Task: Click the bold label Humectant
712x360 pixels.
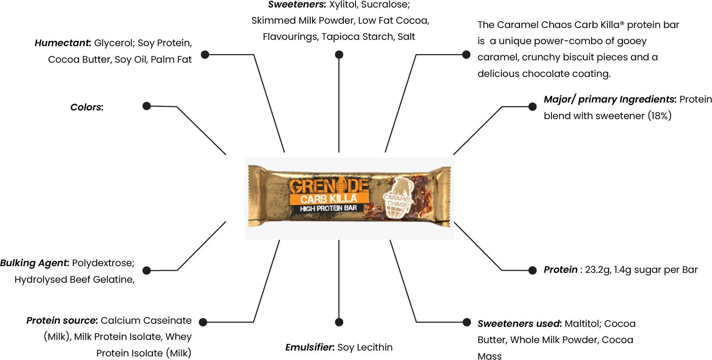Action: (x=62, y=43)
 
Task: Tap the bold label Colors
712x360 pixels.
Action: (x=86, y=107)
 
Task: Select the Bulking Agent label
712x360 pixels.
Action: (x=34, y=263)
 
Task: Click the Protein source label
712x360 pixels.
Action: (x=62, y=321)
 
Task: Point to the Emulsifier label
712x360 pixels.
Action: (x=309, y=347)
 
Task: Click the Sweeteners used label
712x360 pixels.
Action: (x=519, y=324)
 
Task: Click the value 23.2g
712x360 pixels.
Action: (x=597, y=270)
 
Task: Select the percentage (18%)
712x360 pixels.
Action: (x=659, y=116)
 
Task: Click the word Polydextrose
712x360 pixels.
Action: (x=103, y=263)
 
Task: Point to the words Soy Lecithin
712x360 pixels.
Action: (x=365, y=347)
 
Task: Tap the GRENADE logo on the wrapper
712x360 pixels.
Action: (x=329, y=186)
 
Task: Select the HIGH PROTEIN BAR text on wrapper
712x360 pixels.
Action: (x=328, y=208)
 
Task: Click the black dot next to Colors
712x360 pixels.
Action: (x=147, y=106)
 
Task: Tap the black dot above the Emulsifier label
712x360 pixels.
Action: (x=339, y=322)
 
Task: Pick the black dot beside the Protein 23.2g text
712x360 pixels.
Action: (x=532, y=270)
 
